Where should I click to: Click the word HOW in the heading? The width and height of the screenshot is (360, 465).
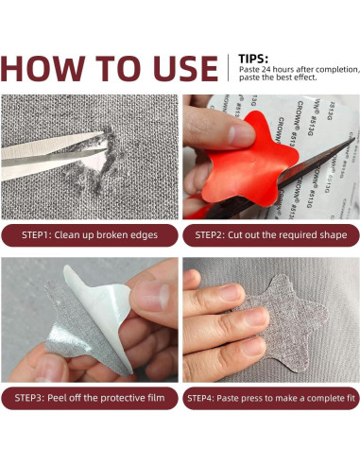point(43,68)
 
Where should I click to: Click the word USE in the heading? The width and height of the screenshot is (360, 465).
point(185,68)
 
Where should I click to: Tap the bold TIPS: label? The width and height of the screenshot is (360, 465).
point(253,59)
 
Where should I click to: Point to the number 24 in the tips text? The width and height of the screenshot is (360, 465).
point(266,70)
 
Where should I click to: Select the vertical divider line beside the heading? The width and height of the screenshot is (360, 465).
point(229,68)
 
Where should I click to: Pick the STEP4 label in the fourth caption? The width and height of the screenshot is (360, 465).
point(200,398)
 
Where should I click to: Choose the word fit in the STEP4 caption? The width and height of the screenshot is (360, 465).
point(351,398)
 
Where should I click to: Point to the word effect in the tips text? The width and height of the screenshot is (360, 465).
point(305,77)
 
